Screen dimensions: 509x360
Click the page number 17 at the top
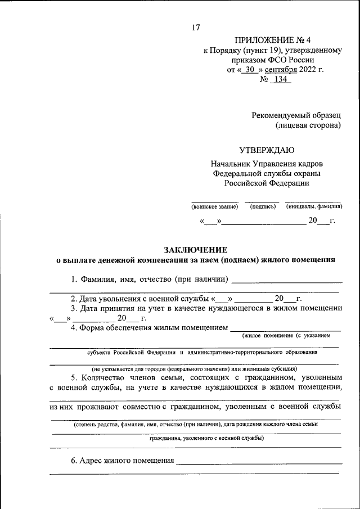pos(195,27)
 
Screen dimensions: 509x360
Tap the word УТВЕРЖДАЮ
pos(266,150)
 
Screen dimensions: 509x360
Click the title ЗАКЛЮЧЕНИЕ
pos(195,249)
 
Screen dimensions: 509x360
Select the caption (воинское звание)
pos(214,207)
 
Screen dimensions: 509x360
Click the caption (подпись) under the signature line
pos(263,207)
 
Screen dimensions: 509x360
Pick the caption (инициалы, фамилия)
pos(314,207)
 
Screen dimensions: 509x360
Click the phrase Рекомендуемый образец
pos(296,115)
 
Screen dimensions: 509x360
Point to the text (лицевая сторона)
pos(308,125)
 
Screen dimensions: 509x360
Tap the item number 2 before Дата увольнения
pos(73,298)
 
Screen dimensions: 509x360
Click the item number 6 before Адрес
pos(73,461)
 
